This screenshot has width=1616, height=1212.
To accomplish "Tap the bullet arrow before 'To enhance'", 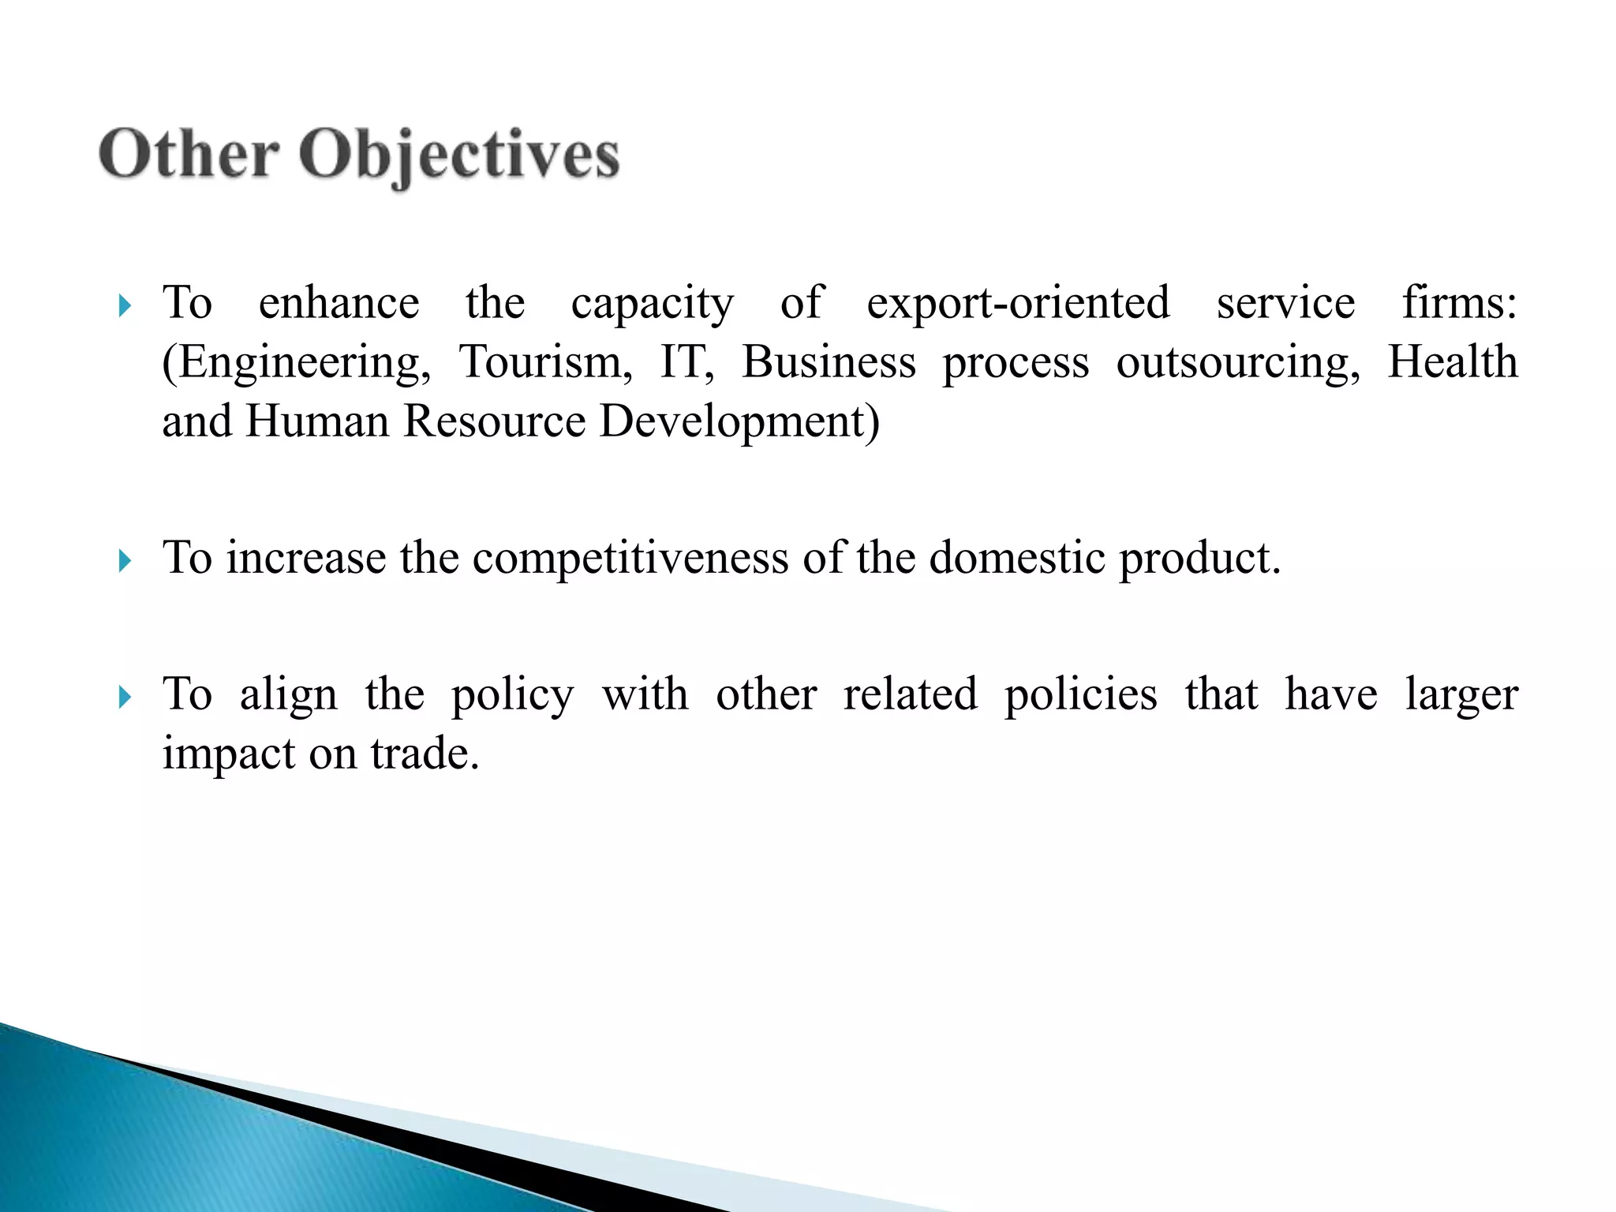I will (124, 306).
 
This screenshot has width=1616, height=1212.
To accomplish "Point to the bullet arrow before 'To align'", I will (124, 698).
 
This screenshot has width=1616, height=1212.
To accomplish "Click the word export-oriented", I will (1018, 303).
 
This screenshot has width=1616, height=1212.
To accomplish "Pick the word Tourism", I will (545, 362).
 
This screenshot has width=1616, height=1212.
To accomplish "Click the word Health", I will (1452, 362).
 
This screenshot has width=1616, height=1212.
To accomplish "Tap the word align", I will (289, 696).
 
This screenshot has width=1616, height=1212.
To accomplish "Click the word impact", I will (229, 754).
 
